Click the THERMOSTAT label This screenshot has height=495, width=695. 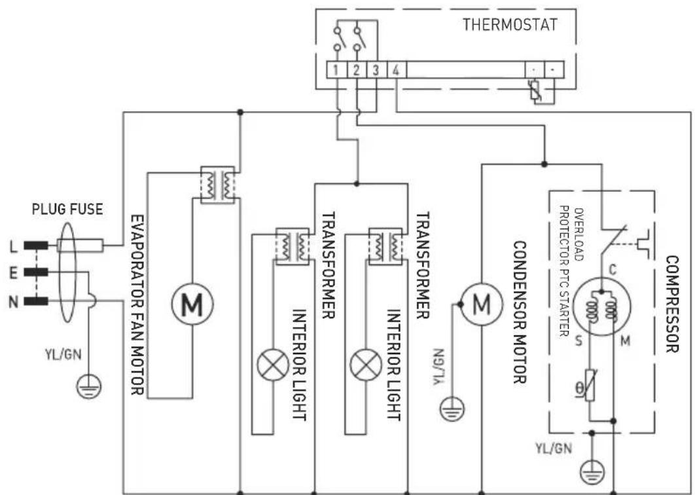[510, 25]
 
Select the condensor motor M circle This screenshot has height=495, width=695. [482, 303]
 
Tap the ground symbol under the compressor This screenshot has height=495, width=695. [593, 469]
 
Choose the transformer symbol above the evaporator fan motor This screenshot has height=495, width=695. [217, 184]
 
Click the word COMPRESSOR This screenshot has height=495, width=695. [671, 304]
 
